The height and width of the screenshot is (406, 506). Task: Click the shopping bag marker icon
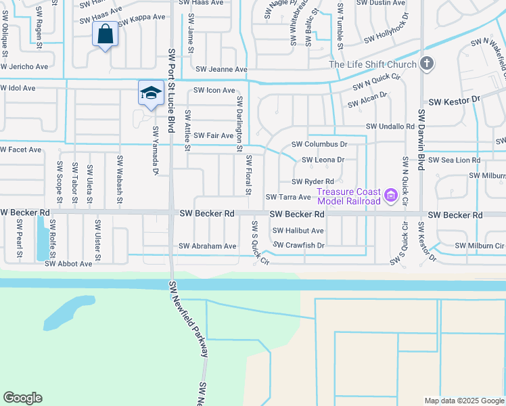pos(106,33)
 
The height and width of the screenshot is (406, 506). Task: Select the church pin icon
pos(426,64)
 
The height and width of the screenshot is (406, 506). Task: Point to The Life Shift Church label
pos(371,65)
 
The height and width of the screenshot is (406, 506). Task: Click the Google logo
pos(22,398)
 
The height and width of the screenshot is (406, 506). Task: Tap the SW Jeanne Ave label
pos(221,70)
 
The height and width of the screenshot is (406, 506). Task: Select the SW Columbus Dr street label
pos(319,144)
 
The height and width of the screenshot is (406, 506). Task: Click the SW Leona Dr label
pos(323,160)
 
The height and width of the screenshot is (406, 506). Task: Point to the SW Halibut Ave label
pos(298,231)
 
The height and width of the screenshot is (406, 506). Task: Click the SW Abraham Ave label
pos(207,246)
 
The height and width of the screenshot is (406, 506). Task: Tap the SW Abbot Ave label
pos(68,263)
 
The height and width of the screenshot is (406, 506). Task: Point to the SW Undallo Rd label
pos(390,127)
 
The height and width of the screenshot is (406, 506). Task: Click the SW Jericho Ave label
pos(24,67)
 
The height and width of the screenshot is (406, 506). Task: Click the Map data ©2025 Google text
pos(463,401)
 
